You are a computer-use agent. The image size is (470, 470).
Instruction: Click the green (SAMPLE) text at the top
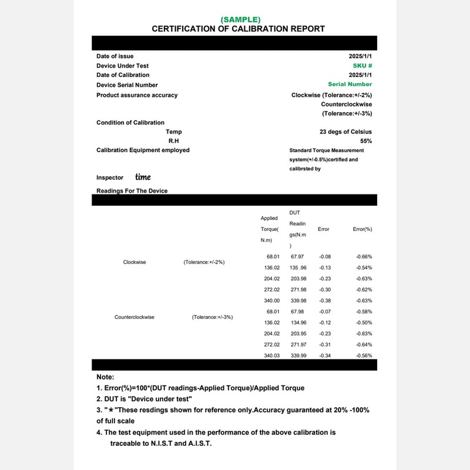tap(238, 19)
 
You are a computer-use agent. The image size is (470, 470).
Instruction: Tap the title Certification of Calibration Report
tap(238, 29)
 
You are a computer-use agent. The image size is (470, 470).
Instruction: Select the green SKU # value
tap(362, 65)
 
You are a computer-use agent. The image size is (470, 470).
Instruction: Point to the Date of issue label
tap(115, 56)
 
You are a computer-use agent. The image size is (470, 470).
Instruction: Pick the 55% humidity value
tap(365, 141)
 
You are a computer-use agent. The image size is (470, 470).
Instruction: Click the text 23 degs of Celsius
tap(345, 132)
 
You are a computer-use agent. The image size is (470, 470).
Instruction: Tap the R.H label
tap(174, 141)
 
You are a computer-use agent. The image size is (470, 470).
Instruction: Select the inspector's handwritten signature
tap(143, 177)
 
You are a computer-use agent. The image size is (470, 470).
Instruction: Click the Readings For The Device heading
tap(132, 191)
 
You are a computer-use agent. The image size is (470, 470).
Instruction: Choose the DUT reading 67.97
tap(297, 257)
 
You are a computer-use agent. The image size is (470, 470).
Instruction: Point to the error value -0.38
tap(325, 301)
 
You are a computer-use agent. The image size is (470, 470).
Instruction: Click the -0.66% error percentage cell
tap(364, 257)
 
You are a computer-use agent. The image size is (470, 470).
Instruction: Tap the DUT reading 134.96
tap(297, 323)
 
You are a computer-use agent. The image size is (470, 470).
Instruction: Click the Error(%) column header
tap(362, 229)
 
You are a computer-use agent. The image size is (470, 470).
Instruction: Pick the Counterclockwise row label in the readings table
tap(135, 317)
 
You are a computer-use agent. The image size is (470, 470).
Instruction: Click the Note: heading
tap(105, 377)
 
